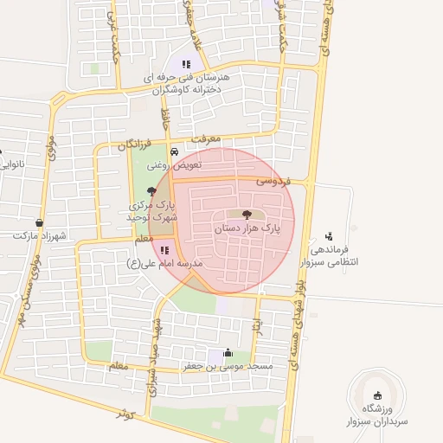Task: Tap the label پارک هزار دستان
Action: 259,228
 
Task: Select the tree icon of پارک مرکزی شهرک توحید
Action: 153,191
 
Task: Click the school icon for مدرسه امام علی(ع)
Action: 164,250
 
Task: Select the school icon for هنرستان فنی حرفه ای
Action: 185,63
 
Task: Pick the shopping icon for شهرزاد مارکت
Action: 40,222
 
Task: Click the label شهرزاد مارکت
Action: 40,234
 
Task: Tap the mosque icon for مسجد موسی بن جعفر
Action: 228,353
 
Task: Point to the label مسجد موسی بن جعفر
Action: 228,366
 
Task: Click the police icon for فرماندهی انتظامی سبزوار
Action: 328,235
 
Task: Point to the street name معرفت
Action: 208,138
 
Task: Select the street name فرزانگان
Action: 135,144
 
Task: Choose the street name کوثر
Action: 127,414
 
